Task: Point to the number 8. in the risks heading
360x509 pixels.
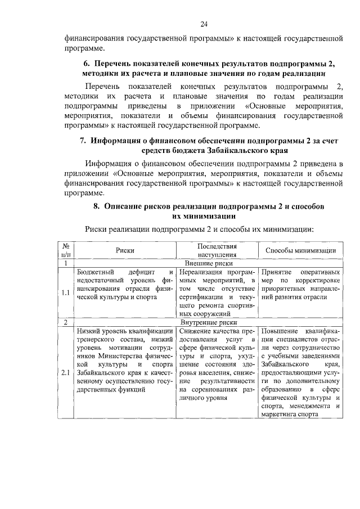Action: point(96,206)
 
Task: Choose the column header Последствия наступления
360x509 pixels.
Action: point(217,251)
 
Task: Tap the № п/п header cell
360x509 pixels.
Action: point(66,251)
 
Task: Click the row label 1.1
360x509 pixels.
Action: point(66,292)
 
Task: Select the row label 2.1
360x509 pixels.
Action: point(66,372)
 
